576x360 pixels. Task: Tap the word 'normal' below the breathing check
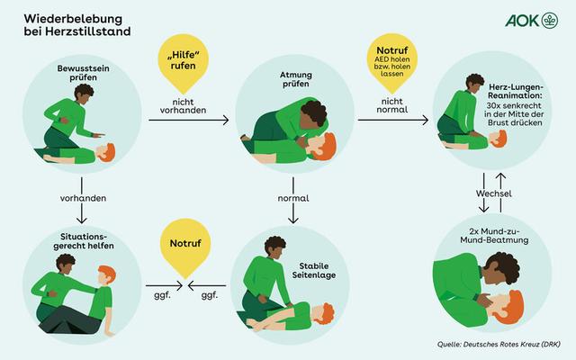[293, 196]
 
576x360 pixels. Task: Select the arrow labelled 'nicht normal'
[392, 119]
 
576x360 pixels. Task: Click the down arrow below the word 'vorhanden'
[83, 213]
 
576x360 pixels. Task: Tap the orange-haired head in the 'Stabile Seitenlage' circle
[325, 315]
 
